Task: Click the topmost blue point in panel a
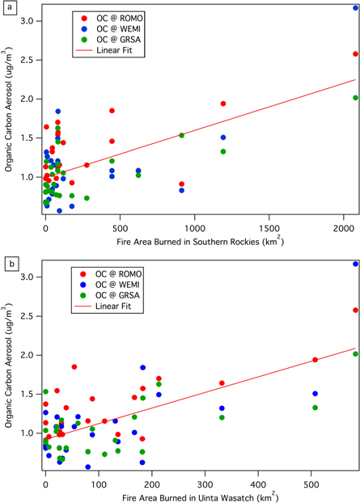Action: (x=356, y=7)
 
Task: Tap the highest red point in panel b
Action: (x=356, y=310)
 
